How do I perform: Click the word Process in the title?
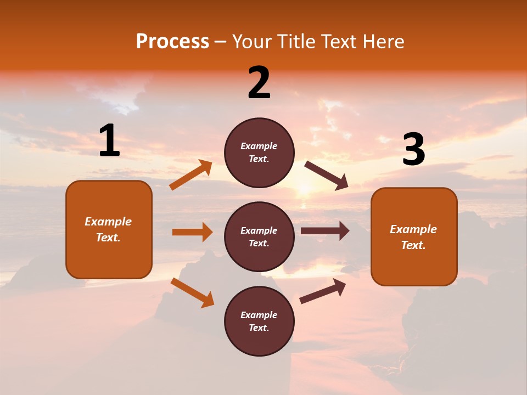172,42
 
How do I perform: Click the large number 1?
109,141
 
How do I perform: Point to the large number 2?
259,83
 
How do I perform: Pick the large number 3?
413,150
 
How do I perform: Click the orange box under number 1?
109,229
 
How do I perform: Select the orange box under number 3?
414,236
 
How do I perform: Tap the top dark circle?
259,153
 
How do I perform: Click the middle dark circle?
259,236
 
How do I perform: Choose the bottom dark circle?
259,321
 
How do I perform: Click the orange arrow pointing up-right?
191,174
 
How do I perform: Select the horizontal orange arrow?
192,232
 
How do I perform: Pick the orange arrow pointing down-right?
192,292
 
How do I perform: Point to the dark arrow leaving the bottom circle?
323,291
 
